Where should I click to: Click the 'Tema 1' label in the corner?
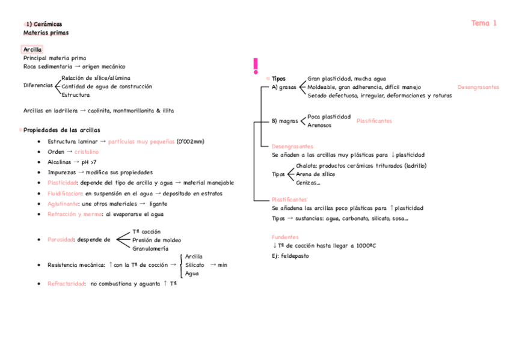(x=484, y=23)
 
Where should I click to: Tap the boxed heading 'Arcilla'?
(x=32, y=49)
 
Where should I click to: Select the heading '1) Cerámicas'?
(x=43, y=24)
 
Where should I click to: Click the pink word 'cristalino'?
(x=87, y=152)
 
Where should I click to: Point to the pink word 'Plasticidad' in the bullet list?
(x=62, y=183)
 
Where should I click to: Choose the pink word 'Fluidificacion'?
(x=64, y=194)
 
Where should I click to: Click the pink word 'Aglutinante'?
(x=63, y=204)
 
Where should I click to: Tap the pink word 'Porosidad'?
(x=60, y=239)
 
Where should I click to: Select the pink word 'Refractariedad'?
(x=66, y=284)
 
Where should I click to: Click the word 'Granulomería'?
(x=150, y=248)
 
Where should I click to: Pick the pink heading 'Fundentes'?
(x=285, y=237)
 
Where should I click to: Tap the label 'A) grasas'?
(x=284, y=87)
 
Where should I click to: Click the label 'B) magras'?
(x=284, y=121)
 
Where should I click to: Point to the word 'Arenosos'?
(x=319, y=126)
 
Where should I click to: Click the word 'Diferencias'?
(x=38, y=85)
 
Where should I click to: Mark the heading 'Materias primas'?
(x=46, y=32)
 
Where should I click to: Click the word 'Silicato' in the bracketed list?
(x=194, y=264)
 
